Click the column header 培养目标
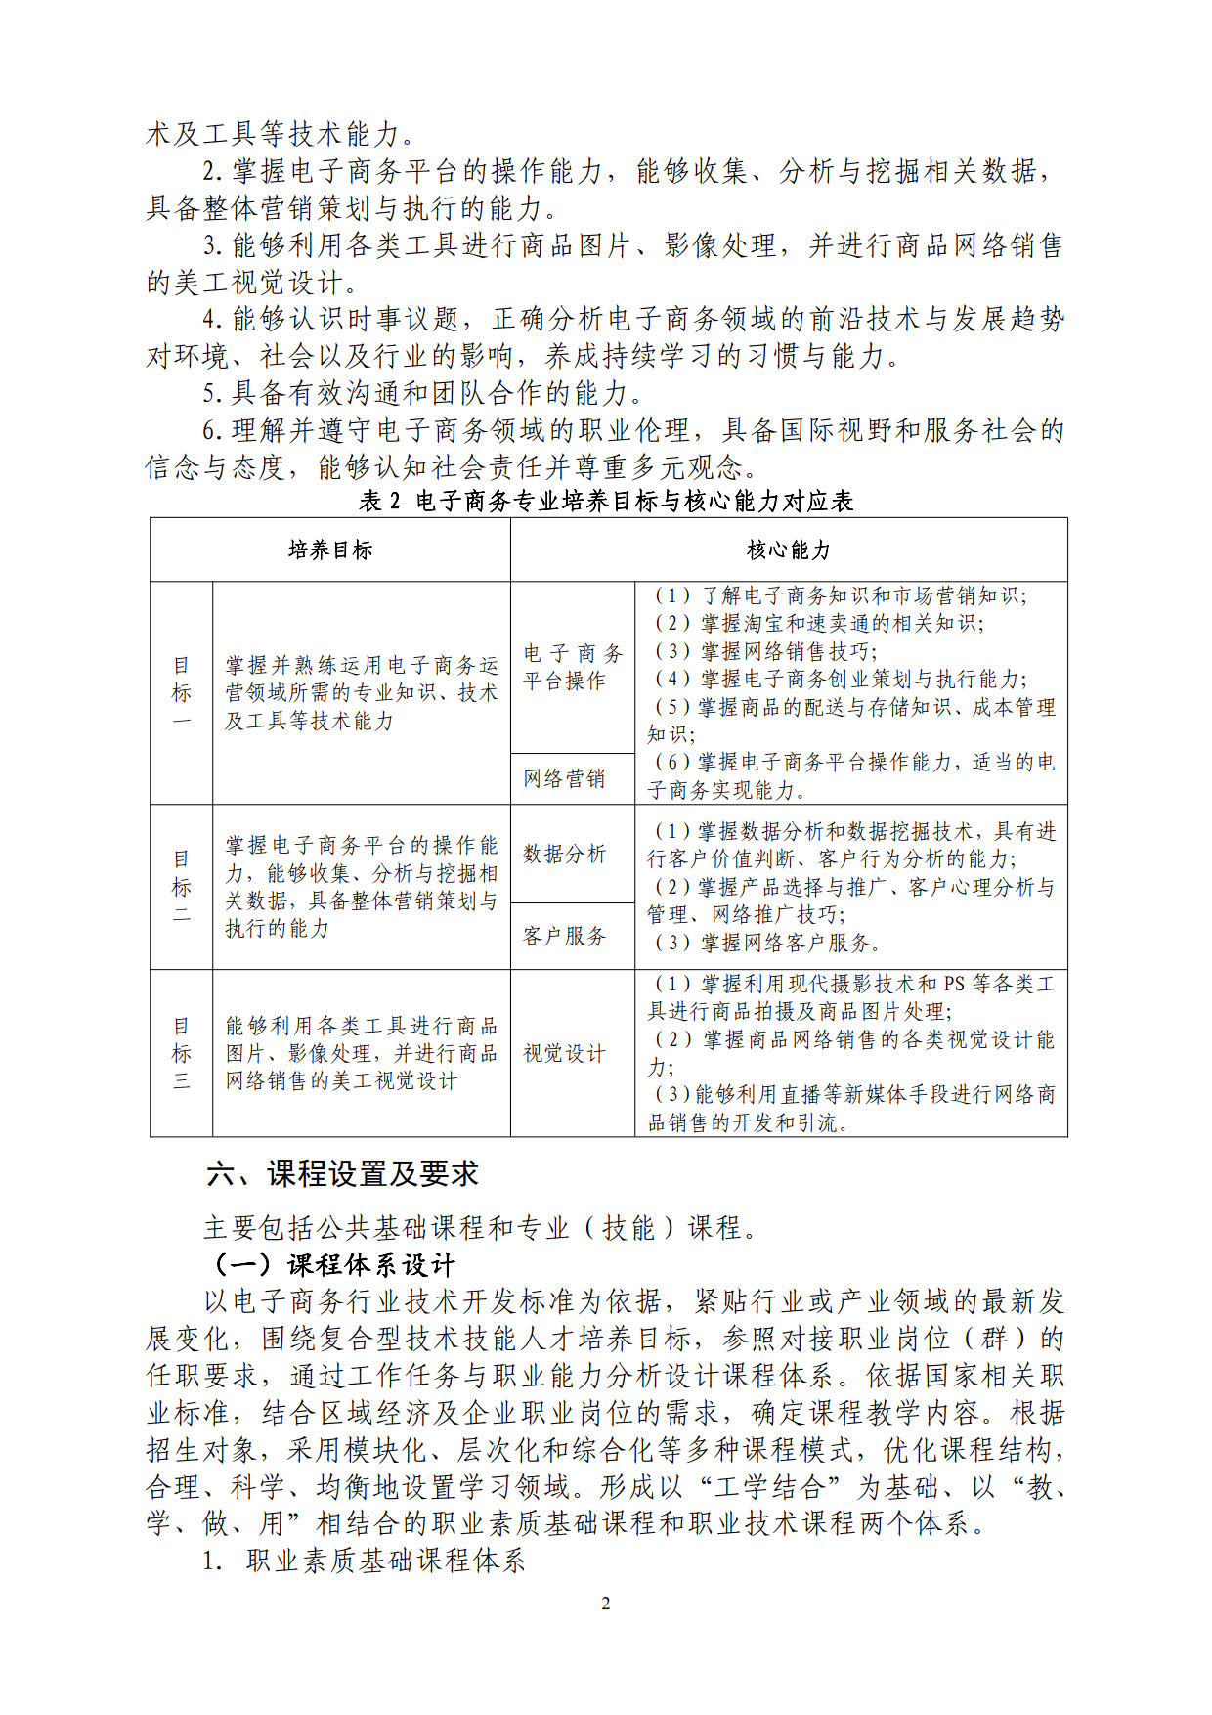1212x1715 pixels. point(329,550)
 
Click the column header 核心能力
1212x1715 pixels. point(788,550)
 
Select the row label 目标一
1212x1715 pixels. point(181,693)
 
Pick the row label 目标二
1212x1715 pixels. point(181,887)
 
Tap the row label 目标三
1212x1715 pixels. point(181,1053)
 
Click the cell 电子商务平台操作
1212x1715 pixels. point(572,667)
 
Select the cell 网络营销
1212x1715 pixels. point(564,779)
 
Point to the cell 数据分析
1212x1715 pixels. point(564,854)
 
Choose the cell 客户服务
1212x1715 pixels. point(564,937)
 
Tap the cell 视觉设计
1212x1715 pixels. point(564,1053)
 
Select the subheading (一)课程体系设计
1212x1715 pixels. point(333,1265)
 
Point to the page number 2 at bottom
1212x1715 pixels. point(606,1604)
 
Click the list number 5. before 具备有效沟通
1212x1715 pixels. point(213,394)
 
